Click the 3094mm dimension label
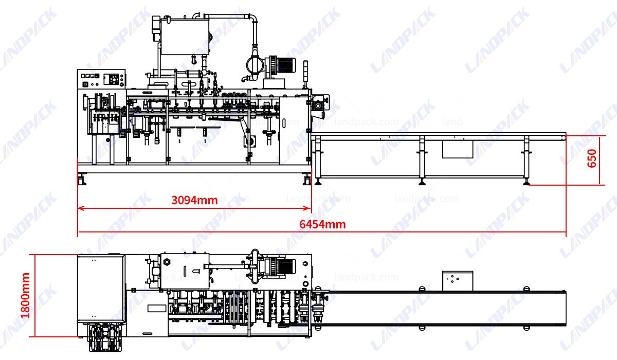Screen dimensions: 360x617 (194, 200)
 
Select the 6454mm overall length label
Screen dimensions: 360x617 (322, 224)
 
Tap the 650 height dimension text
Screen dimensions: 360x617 (591, 159)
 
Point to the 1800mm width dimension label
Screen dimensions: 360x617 (25, 295)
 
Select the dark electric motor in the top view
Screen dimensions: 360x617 (282, 266)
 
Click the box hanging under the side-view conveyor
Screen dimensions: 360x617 (457, 149)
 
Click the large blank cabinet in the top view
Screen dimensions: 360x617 (101, 288)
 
